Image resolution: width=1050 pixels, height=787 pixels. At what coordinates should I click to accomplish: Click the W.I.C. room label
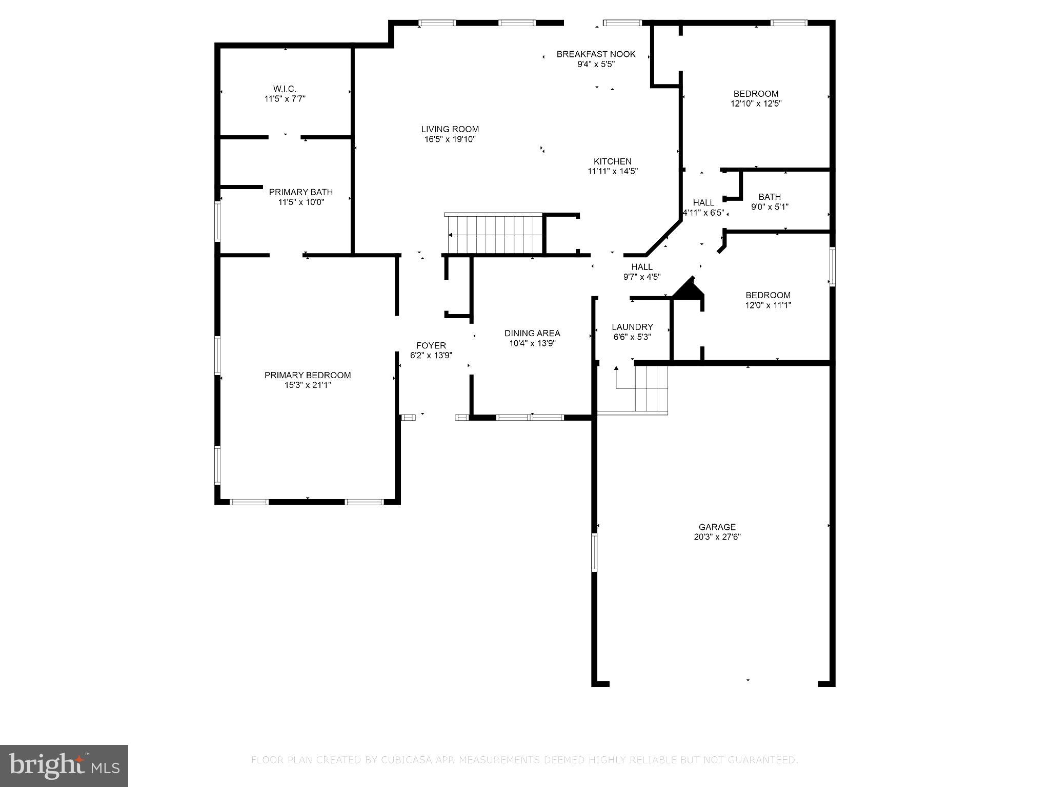(285, 89)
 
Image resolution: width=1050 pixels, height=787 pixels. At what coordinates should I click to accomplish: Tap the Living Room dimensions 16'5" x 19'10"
(450, 139)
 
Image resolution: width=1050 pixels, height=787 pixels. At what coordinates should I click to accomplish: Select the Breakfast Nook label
(596, 54)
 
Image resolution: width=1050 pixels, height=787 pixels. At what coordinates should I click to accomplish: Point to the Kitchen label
(612, 161)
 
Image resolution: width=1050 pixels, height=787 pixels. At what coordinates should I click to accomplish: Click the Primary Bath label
(301, 192)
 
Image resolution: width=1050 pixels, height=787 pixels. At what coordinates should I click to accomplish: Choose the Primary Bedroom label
(308, 375)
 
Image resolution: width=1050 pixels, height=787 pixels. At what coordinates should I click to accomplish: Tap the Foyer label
(431, 345)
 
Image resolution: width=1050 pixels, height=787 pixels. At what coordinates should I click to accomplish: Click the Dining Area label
(532, 333)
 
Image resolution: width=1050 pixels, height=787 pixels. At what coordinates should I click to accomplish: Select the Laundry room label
(632, 327)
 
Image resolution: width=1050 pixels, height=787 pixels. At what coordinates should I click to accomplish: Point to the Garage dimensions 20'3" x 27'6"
(717, 537)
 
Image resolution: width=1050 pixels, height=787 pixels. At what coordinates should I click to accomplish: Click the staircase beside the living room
(495, 235)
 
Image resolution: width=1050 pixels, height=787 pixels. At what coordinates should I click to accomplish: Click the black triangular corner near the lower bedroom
(690, 290)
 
